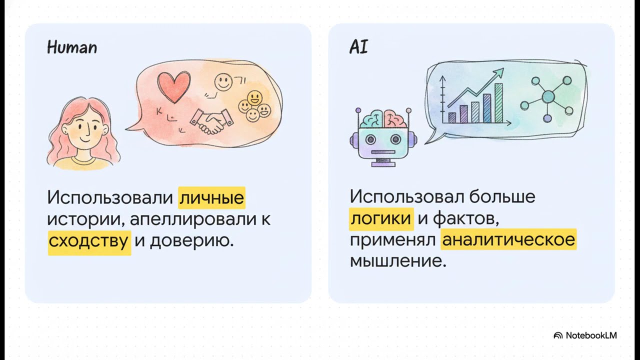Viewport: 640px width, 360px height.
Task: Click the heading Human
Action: point(72,47)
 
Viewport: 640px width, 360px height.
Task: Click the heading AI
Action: point(358,47)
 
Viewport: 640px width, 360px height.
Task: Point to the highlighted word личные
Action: point(212,197)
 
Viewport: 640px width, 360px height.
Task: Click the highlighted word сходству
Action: point(89,241)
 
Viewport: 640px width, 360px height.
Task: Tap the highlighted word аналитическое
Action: point(508,240)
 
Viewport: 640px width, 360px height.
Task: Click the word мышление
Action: point(397,261)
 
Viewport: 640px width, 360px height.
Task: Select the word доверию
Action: point(191,241)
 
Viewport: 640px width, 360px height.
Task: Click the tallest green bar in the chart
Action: point(498,102)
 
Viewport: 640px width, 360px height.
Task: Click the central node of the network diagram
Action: point(548,96)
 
